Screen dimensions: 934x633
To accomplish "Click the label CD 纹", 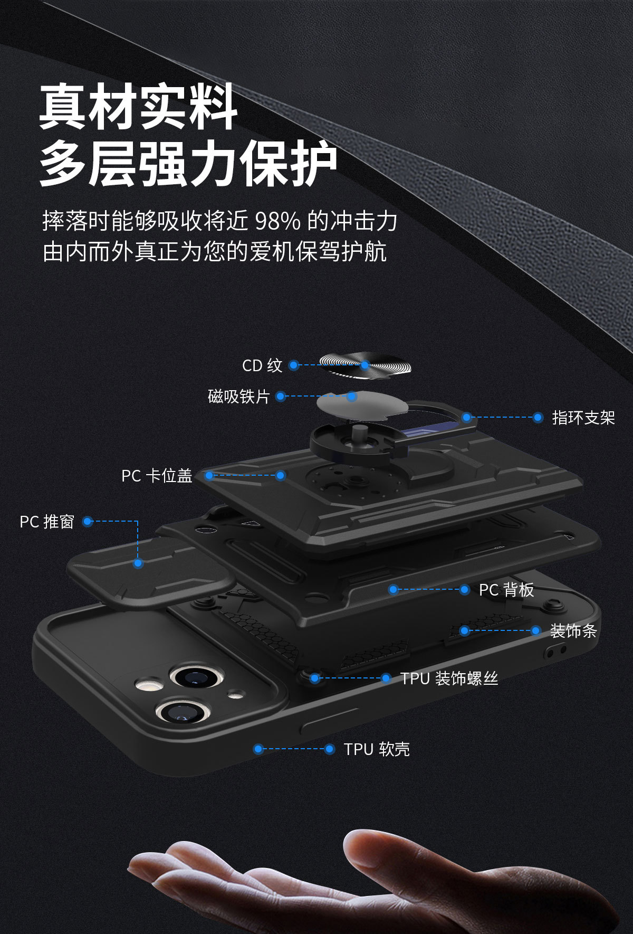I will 262,365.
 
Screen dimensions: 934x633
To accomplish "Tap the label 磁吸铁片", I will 238,397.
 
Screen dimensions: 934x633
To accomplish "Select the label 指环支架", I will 583,418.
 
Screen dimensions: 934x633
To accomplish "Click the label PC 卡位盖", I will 157,476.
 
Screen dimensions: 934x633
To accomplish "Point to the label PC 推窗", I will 47,522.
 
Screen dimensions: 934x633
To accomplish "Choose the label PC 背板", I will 506,590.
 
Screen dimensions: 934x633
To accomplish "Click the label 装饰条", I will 573,630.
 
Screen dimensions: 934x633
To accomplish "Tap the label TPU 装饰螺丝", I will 449,678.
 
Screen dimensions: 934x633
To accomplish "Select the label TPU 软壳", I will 377,749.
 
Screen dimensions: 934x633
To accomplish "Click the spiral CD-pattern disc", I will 367,365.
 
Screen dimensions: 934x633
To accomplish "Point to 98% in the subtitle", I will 277,221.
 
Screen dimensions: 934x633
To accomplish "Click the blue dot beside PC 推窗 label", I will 88,522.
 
